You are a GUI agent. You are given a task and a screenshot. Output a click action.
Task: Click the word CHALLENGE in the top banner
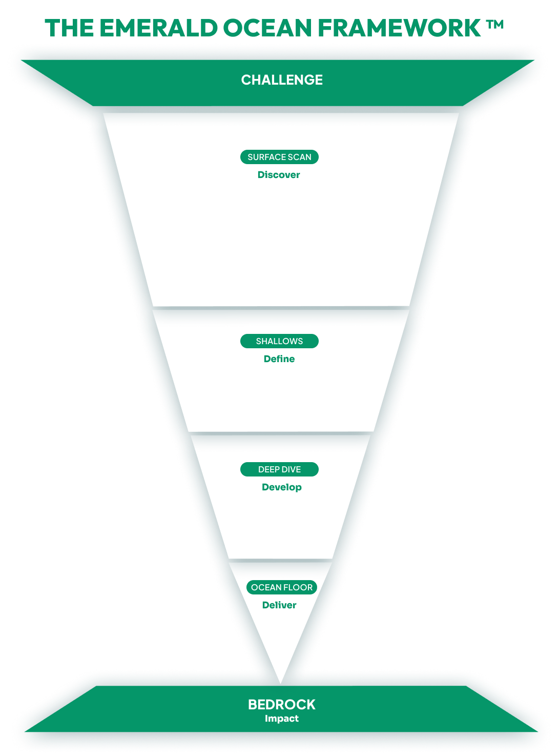(x=282, y=80)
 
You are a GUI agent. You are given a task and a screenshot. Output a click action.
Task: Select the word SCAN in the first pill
(x=300, y=157)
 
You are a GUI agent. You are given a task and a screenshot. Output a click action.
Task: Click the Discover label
(x=279, y=175)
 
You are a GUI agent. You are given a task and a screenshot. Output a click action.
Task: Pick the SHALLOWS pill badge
(x=279, y=341)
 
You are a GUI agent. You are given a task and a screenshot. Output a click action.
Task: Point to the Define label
(x=279, y=359)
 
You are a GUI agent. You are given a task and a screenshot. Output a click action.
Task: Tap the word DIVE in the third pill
(x=291, y=469)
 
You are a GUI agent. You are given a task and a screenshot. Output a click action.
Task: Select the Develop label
(x=282, y=487)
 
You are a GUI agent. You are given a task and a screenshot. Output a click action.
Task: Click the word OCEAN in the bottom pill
(x=266, y=587)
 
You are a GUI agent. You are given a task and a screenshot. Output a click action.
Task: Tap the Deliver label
(x=279, y=605)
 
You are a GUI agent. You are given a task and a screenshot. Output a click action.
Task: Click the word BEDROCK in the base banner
(x=282, y=704)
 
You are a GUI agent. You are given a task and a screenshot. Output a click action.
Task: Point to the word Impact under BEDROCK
(x=282, y=719)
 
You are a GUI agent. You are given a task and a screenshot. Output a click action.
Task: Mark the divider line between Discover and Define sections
(x=281, y=308)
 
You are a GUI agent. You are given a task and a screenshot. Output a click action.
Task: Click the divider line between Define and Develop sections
(x=281, y=433)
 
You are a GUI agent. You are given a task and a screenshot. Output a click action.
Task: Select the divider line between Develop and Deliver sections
(x=281, y=560)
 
